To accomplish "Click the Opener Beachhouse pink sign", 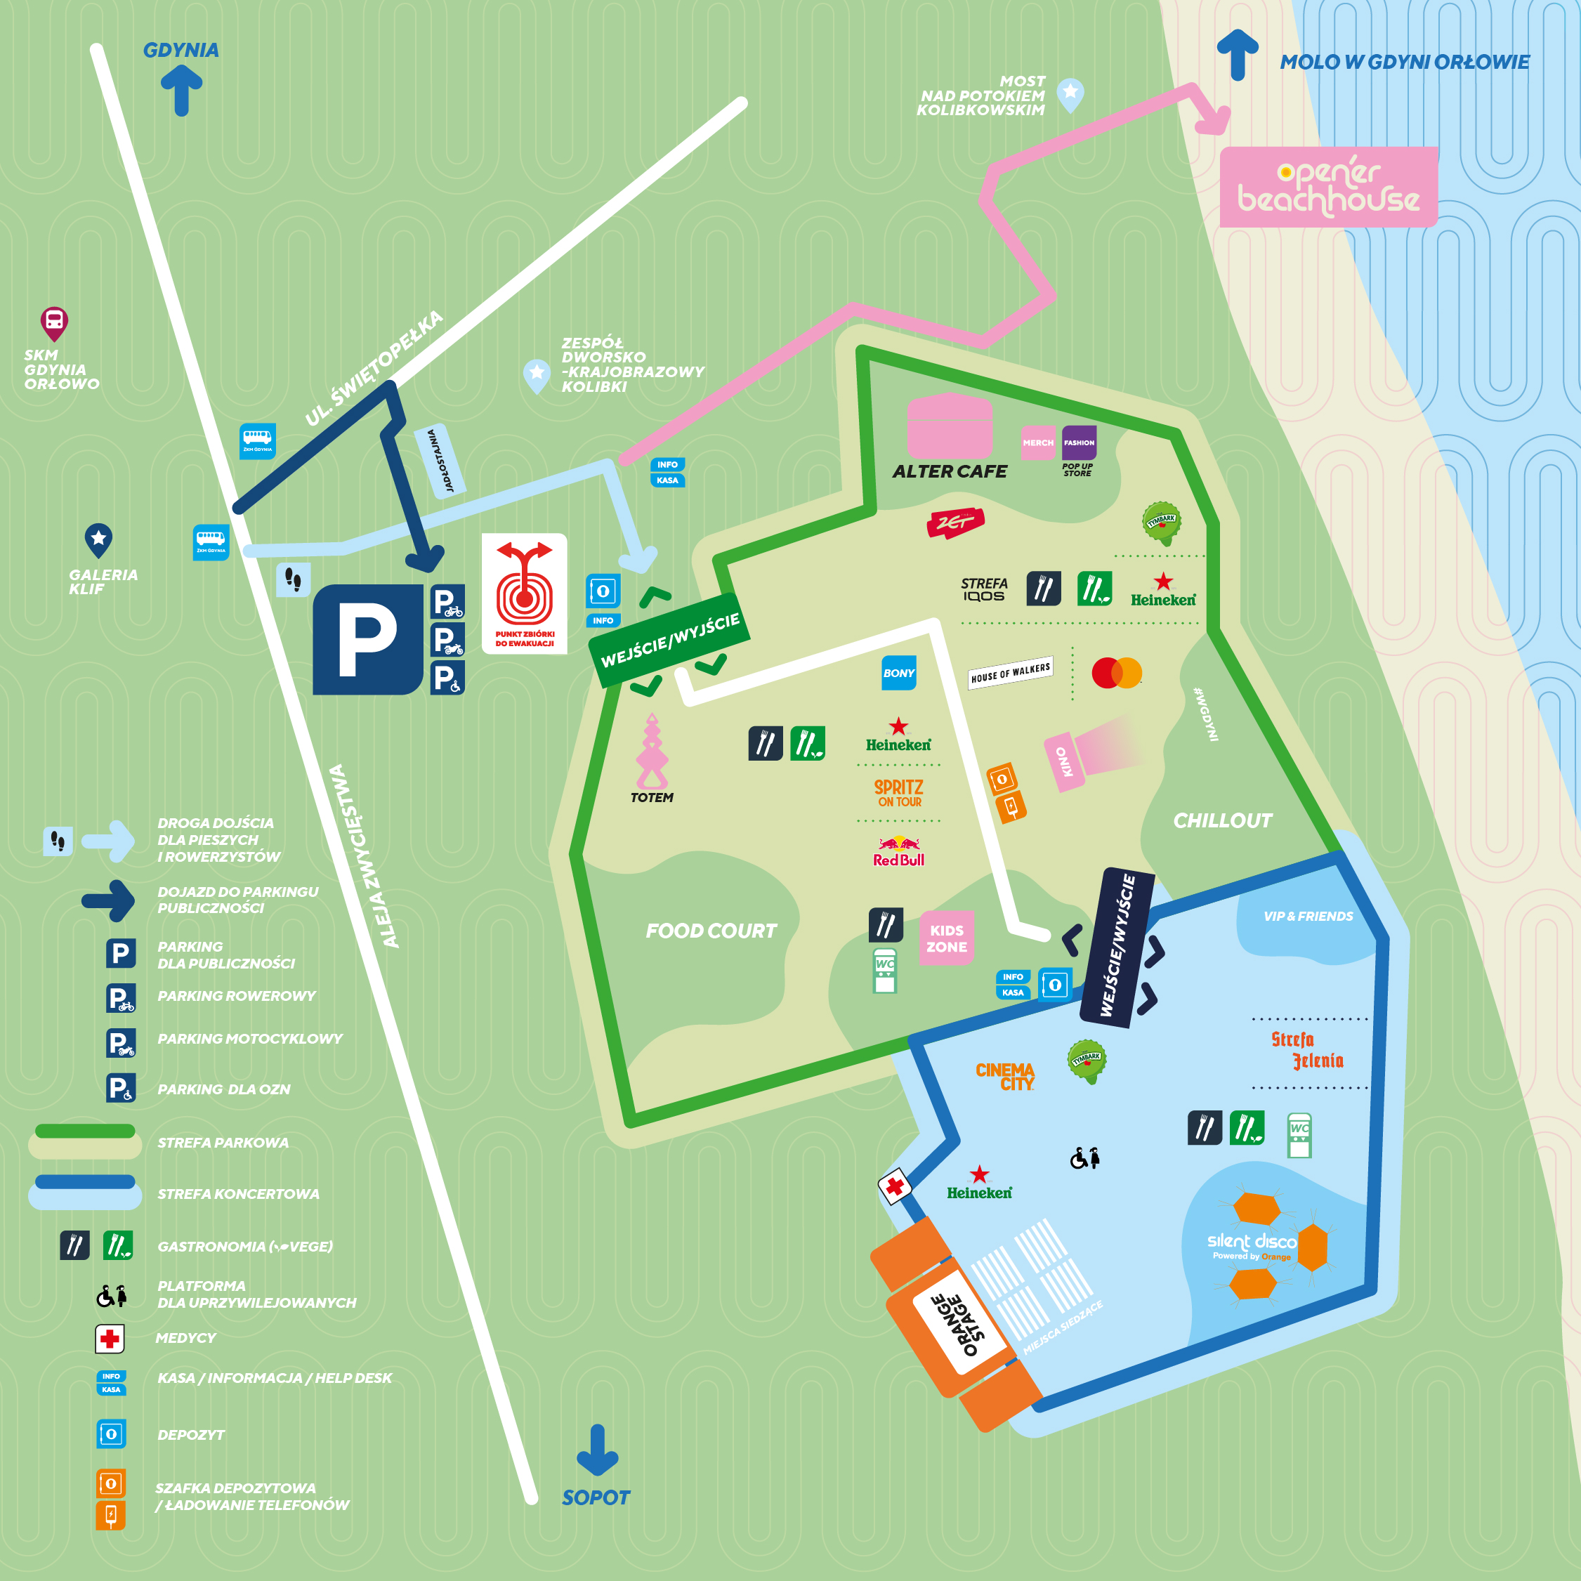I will coord(1327,187).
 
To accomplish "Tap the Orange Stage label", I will coord(957,1324).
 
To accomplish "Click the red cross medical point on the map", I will coord(896,1186).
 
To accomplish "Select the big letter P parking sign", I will coord(367,640).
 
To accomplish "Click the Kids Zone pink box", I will coord(946,938).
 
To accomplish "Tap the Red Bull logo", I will coord(898,851).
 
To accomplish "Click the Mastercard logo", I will coord(1116,673).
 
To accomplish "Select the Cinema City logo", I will coord(1005,1076).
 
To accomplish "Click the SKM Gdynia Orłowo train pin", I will coord(54,323).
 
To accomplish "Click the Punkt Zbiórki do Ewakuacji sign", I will coord(525,593).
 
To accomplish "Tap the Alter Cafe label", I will coord(950,471).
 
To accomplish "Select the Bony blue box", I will coord(898,673).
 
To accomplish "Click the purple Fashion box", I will coord(1079,442).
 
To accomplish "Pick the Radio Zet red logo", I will coord(955,521).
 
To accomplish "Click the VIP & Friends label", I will coord(1308,916).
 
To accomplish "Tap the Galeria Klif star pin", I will coord(98,539).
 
